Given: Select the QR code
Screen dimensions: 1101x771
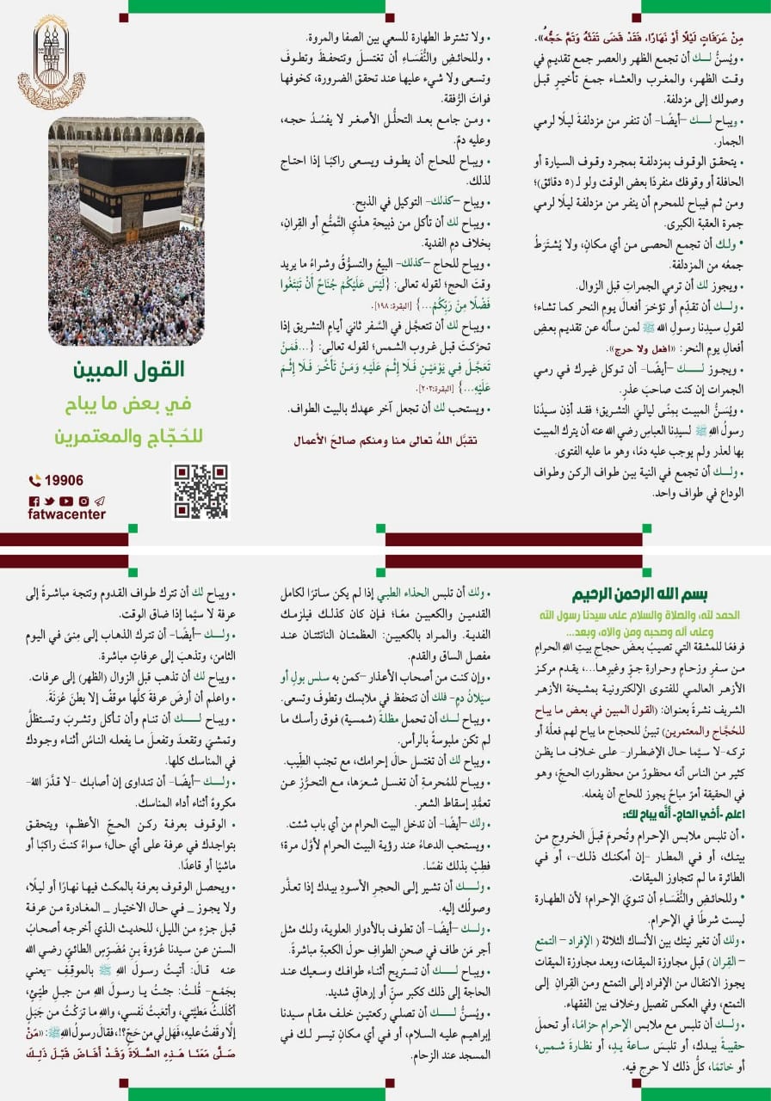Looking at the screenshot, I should click(202, 491).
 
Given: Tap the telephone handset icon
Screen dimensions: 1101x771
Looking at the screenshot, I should click(34, 482).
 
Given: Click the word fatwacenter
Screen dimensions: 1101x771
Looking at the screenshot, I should click(66, 514).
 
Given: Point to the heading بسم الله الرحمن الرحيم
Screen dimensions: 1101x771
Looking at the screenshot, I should click(653, 594).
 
